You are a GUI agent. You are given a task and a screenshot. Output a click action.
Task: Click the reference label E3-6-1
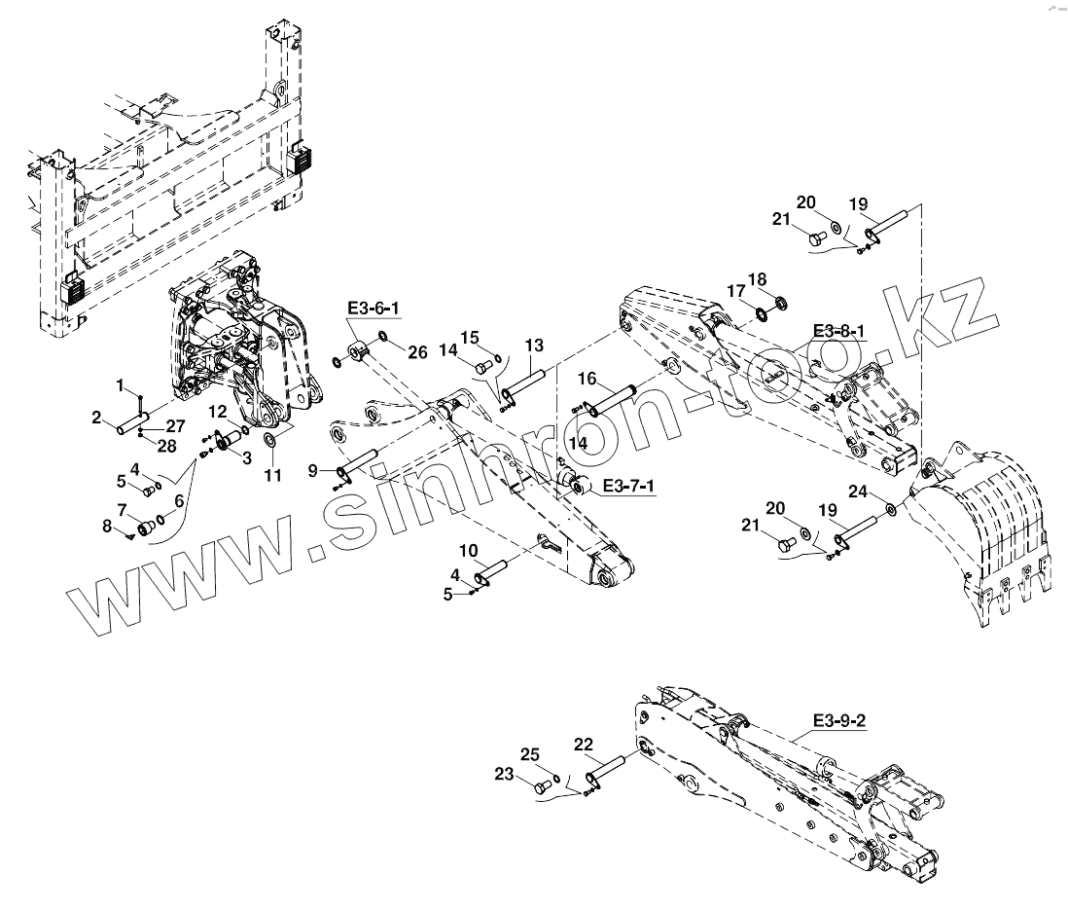click(374, 309)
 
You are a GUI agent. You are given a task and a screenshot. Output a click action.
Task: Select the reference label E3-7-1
click(628, 485)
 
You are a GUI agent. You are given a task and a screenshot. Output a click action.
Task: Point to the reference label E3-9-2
click(841, 721)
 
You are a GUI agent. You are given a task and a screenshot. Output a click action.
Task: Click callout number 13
click(534, 346)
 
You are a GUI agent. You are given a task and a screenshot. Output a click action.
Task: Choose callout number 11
click(272, 476)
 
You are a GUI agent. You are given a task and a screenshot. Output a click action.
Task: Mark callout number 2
click(97, 418)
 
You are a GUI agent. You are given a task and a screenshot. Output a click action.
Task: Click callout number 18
click(757, 279)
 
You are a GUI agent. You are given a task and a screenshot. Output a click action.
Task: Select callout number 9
click(313, 471)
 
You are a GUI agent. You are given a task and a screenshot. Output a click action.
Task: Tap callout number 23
click(503, 776)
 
